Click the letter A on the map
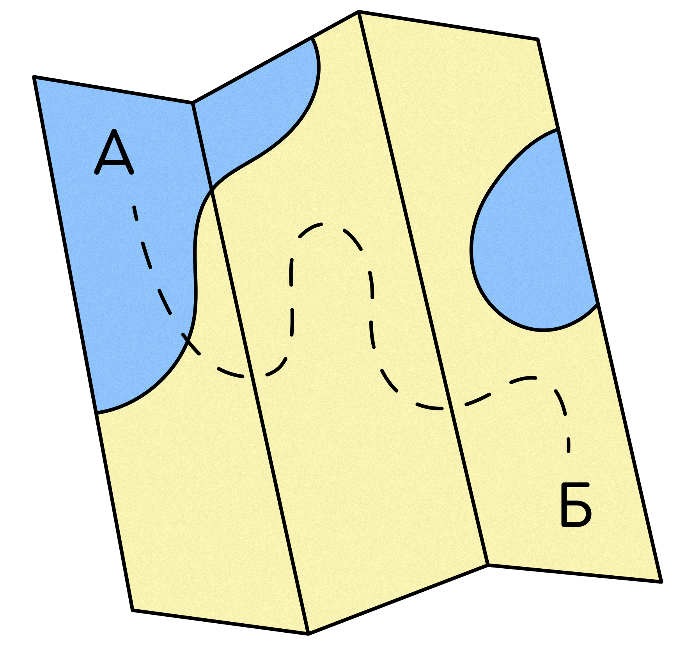tap(114, 153)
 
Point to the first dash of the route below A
tap(135, 213)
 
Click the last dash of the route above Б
tap(568, 445)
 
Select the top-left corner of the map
tap(36, 79)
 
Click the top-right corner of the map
tap(537, 41)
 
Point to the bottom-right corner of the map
tap(659, 580)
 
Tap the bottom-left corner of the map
tap(134, 608)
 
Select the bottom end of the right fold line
tap(487, 563)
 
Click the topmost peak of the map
tap(359, 14)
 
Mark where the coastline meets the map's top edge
tap(313, 39)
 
